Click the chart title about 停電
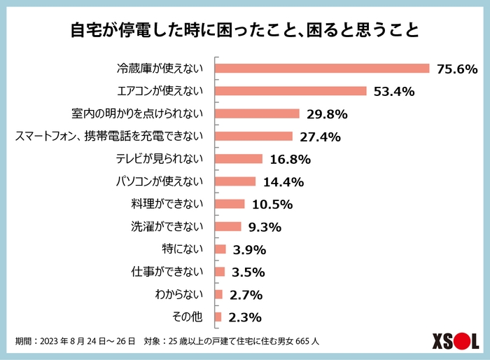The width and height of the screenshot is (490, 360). [x=245, y=31]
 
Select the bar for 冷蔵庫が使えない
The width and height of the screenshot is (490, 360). [x=321, y=69]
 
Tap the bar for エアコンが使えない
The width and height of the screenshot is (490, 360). [x=290, y=91]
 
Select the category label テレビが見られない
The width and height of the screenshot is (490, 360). [x=159, y=159]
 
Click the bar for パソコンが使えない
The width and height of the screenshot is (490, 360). [x=235, y=181]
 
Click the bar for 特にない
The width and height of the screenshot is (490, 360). [x=220, y=249]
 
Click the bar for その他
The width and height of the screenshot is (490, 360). [x=218, y=317]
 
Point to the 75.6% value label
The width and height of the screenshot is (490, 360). [x=456, y=69]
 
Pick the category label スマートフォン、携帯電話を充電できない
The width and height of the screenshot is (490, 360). [x=108, y=137]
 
